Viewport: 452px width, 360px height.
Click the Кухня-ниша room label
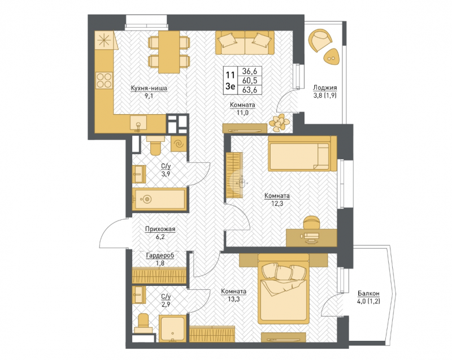pos(149,88)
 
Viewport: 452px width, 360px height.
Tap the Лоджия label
pos(325,88)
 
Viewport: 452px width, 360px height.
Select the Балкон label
pos(368,293)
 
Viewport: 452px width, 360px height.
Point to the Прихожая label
pos(160,229)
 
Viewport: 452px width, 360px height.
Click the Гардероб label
pos(160,255)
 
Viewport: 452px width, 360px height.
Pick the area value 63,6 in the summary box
pos(250,90)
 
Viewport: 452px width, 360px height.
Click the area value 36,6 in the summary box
pos(250,71)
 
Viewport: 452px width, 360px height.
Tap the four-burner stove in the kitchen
pos(104,80)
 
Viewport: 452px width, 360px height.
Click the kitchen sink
pos(138,123)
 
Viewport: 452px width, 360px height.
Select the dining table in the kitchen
pos(169,52)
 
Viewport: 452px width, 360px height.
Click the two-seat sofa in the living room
pos(245,42)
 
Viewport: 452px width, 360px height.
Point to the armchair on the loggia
pos(320,40)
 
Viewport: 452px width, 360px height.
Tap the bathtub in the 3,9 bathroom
pos(159,199)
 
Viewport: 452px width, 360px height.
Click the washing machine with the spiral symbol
pos(179,144)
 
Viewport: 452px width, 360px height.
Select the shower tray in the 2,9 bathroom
pos(173,328)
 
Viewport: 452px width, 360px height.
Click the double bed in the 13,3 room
pos(283,289)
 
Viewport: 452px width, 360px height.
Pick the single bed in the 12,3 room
pos(302,154)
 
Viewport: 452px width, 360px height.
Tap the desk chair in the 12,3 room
pos(311,223)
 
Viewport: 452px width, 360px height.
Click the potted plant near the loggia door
pos(279,123)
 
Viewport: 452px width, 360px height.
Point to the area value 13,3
pos(233,299)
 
